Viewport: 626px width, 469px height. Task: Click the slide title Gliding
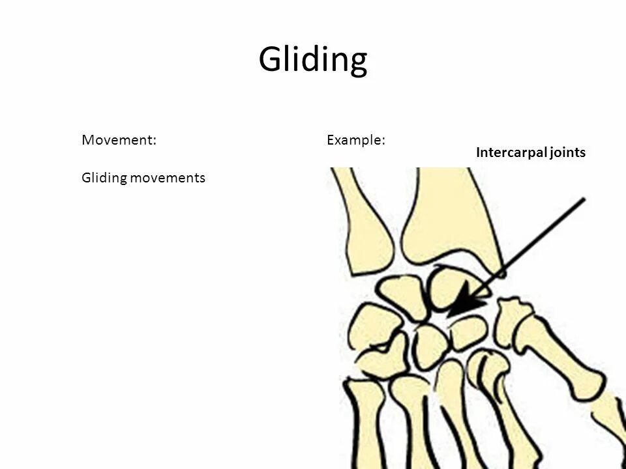tap(313, 61)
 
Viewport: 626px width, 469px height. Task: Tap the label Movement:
tap(119, 140)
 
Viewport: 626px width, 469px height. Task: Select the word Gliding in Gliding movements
tap(104, 178)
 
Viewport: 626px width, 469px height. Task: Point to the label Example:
tap(355, 140)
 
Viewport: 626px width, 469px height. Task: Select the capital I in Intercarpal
tap(479, 152)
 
